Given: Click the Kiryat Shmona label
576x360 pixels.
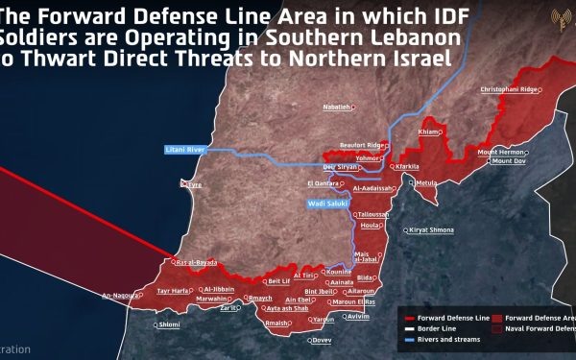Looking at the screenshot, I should pyautogui.click(x=432, y=231).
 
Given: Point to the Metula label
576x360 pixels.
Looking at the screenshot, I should pyautogui.click(x=425, y=182).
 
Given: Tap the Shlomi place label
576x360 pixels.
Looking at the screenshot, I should pyautogui.click(x=169, y=324).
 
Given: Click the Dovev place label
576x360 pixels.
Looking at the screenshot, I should pyautogui.click(x=322, y=340).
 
